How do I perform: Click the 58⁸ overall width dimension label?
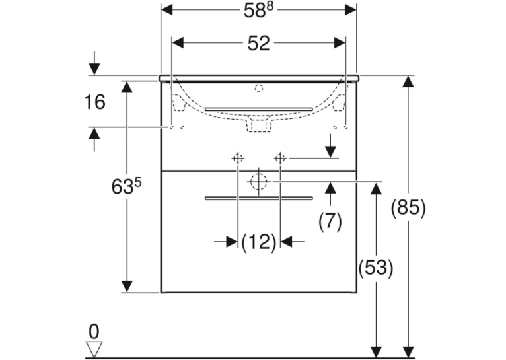(x=258, y=11)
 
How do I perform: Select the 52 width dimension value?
(x=258, y=43)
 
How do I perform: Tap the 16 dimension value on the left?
(x=94, y=102)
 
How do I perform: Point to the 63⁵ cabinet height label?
(x=127, y=186)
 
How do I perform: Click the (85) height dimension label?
(x=408, y=207)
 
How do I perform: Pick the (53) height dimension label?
(x=376, y=268)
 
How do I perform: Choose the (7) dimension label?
(x=330, y=221)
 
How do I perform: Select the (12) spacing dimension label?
(x=259, y=242)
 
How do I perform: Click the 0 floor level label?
(x=94, y=332)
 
